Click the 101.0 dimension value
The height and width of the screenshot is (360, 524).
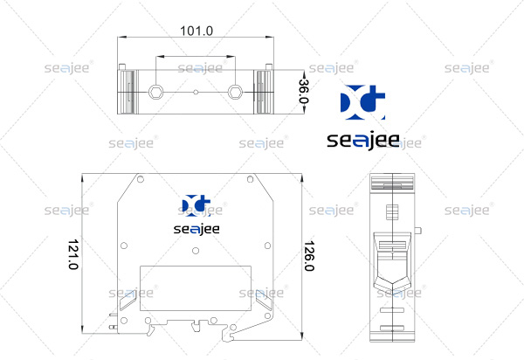tap(196, 31)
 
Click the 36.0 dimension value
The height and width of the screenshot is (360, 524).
tap(304, 91)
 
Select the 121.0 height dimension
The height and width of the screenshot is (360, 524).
tap(73, 254)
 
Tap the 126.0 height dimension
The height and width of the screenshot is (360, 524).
tap(309, 256)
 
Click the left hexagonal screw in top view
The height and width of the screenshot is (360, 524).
tap(155, 92)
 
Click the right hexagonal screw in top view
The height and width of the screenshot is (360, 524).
tap(235, 92)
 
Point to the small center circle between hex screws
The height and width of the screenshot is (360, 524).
tap(196, 93)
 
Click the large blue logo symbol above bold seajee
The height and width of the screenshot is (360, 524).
tap(362, 102)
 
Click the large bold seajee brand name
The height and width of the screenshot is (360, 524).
tap(363, 141)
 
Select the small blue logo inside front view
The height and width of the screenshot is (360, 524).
tap(196, 204)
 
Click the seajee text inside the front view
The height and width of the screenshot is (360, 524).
tap(196, 230)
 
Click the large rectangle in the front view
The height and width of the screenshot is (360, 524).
tap(196, 288)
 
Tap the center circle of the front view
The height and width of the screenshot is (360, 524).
tap(196, 251)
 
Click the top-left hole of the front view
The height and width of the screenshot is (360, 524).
tap(141, 179)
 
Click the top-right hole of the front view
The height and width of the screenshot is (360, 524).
tap(250, 179)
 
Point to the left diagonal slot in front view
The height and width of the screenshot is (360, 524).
tap(128, 300)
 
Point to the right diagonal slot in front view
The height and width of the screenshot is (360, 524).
tap(264, 300)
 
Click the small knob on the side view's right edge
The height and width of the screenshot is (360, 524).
tap(417, 231)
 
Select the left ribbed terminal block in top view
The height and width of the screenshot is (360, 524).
tap(128, 92)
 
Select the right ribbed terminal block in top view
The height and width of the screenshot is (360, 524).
tap(264, 92)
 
